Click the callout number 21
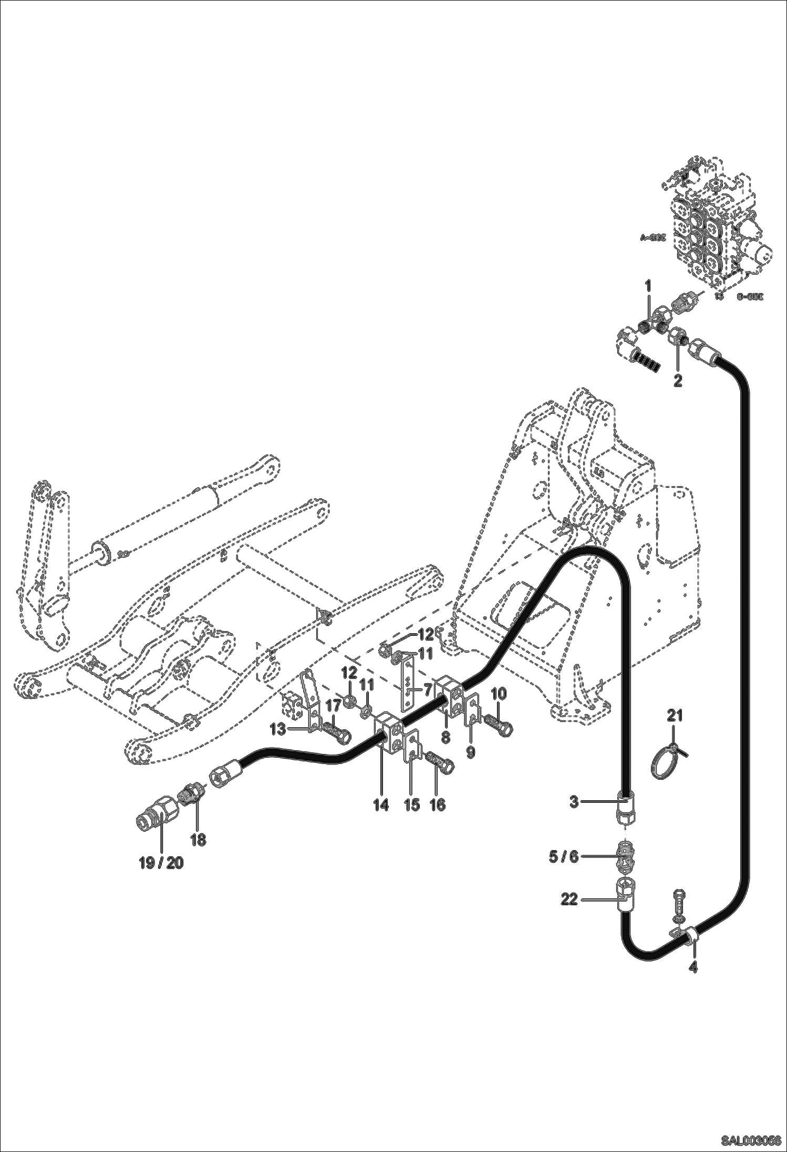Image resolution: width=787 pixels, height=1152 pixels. pyautogui.click(x=675, y=715)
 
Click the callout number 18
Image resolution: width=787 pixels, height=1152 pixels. pyautogui.click(x=198, y=840)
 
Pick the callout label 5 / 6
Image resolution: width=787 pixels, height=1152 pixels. pyautogui.click(x=563, y=856)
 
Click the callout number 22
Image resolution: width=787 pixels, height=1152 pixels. pyautogui.click(x=569, y=899)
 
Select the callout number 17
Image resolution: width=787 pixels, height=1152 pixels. pyautogui.click(x=334, y=706)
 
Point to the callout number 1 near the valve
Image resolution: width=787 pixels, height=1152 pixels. pyautogui.click(x=648, y=286)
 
